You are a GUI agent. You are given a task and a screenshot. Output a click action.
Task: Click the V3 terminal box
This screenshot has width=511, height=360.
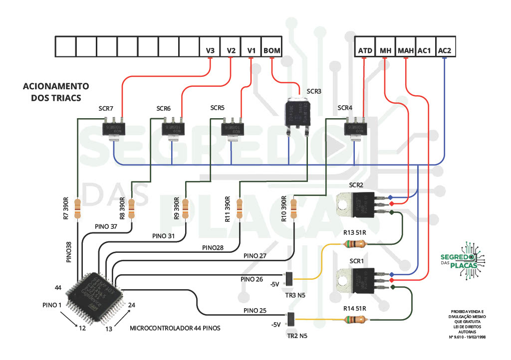click(210, 47)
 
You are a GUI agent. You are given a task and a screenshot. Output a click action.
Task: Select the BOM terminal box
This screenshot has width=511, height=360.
click(271, 47)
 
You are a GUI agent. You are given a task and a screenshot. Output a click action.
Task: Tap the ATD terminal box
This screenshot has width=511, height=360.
click(365, 47)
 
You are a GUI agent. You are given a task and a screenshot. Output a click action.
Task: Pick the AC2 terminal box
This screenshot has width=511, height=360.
click(444, 47)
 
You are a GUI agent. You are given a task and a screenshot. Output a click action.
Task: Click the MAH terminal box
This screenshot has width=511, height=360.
click(405, 47)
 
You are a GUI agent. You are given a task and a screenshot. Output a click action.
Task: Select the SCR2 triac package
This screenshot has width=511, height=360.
click(358, 204)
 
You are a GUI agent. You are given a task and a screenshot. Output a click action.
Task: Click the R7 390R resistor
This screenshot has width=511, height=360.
click(77, 208)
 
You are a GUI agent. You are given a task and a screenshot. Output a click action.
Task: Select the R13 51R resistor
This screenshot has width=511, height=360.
click(355, 244)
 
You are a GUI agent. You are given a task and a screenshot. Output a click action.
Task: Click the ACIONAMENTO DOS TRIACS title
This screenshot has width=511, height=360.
click(56, 92)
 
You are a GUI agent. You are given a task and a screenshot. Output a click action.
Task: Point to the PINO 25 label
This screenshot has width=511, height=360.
click(255, 311)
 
